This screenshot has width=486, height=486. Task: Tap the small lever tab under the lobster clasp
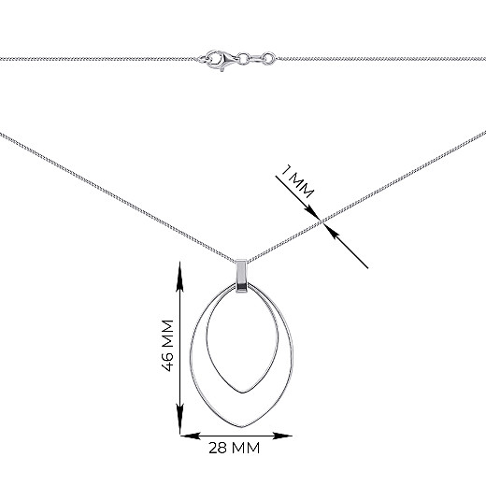(222, 69)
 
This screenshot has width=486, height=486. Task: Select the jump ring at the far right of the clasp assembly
(268, 58)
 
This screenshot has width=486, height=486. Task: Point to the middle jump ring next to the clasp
(244, 58)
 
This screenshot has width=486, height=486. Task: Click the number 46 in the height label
(168, 361)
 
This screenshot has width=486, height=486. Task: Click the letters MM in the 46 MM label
(168, 334)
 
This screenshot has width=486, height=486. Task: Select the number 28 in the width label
(219, 448)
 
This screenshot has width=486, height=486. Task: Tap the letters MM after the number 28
(246, 448)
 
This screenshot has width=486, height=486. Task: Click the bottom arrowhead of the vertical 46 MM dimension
(180, 420)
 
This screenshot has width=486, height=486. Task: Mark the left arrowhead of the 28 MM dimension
(191, 436)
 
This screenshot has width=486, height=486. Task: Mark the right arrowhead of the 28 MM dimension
(282, 436)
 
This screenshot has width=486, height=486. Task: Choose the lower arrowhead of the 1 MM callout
(332, 231)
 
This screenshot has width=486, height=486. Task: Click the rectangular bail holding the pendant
(241, 276)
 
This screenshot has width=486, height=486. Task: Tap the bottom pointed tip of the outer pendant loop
(242, 427)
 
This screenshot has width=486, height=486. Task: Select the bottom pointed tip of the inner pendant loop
(243, 393)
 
